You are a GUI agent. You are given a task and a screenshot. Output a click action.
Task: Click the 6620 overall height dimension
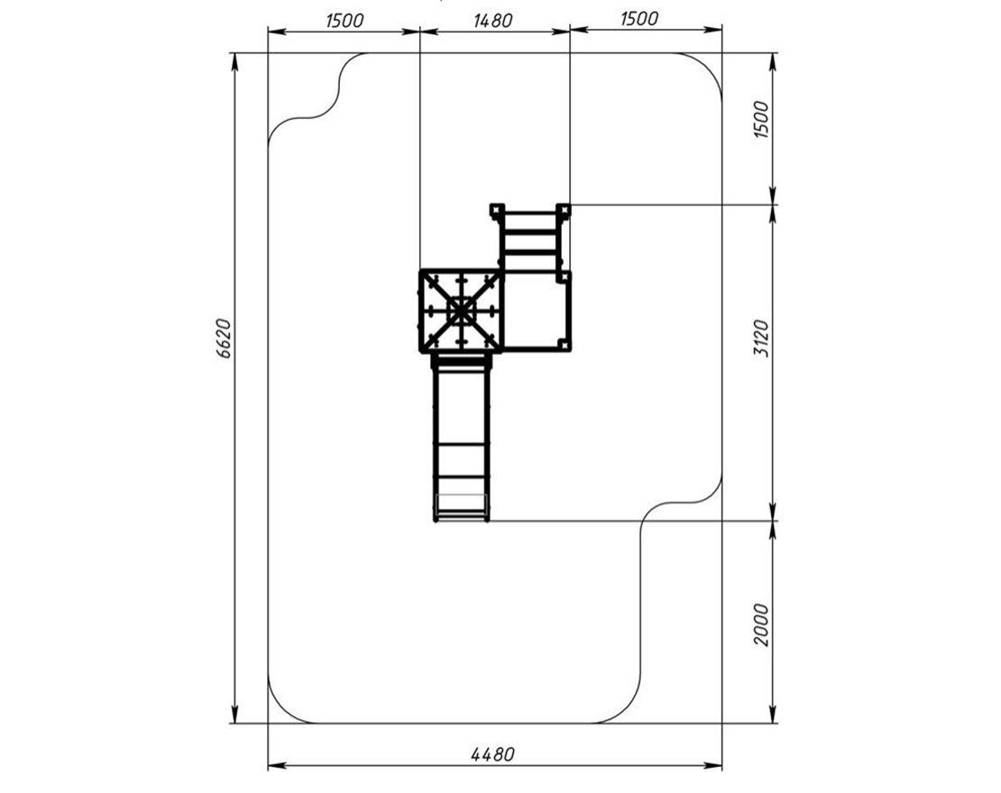point(224,338)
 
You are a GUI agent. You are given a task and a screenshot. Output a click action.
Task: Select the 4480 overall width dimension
point(492,754)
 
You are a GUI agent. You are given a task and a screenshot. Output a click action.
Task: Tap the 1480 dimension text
point(492,21)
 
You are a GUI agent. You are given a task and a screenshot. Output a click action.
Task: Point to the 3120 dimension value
point(762,339)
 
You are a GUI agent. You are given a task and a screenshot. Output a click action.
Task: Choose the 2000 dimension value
point(762,625)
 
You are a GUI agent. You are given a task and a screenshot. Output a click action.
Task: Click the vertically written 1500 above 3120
point(762,119)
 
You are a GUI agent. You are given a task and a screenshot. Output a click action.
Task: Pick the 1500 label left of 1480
point(344,21)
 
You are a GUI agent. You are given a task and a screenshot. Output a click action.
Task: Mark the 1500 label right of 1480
point(639,19)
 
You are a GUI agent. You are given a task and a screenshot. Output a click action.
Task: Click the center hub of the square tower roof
point(462,311)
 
